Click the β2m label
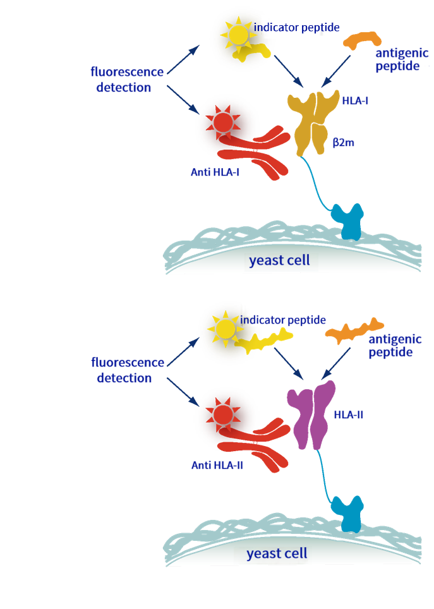point(344,142)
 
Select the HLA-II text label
point(349,415)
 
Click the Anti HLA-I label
point(215,172)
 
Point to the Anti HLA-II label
point(217,466)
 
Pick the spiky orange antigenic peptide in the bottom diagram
point(354,332)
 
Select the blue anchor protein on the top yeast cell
point(348,220)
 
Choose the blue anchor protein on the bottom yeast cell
point(348,513)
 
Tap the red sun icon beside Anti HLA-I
point(223,122)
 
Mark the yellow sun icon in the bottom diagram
point(224,329)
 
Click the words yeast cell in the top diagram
point(279,260)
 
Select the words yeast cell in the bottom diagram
point(277,553)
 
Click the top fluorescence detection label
point(126,79)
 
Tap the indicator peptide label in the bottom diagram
point(282,320)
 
